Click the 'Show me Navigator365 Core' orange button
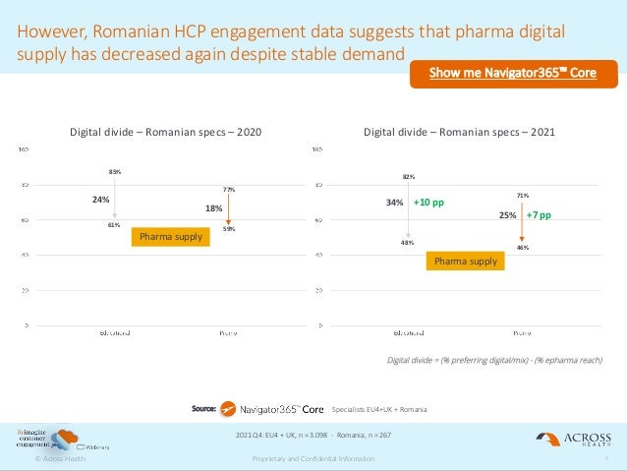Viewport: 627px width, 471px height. coord(512,73)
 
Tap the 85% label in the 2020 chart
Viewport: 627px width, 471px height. coord(115,172)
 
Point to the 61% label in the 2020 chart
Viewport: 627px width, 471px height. coord(114,224)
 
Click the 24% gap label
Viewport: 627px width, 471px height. coord(100,199)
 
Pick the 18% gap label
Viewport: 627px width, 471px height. coord(213,208)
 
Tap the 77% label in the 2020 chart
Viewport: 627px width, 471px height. coord(228,189)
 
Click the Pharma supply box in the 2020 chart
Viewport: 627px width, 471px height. coord(171,237)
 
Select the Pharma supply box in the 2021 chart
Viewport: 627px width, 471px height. coord(466,261)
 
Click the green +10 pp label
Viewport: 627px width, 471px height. coord(428,203)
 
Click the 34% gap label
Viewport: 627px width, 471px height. coord(394,204)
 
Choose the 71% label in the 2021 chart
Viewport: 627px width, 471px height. coord(522,196)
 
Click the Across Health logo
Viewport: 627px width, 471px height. coord(573,439)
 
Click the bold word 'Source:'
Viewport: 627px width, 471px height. coord(203,407)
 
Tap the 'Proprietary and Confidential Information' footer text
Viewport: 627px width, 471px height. coord(313,459)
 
